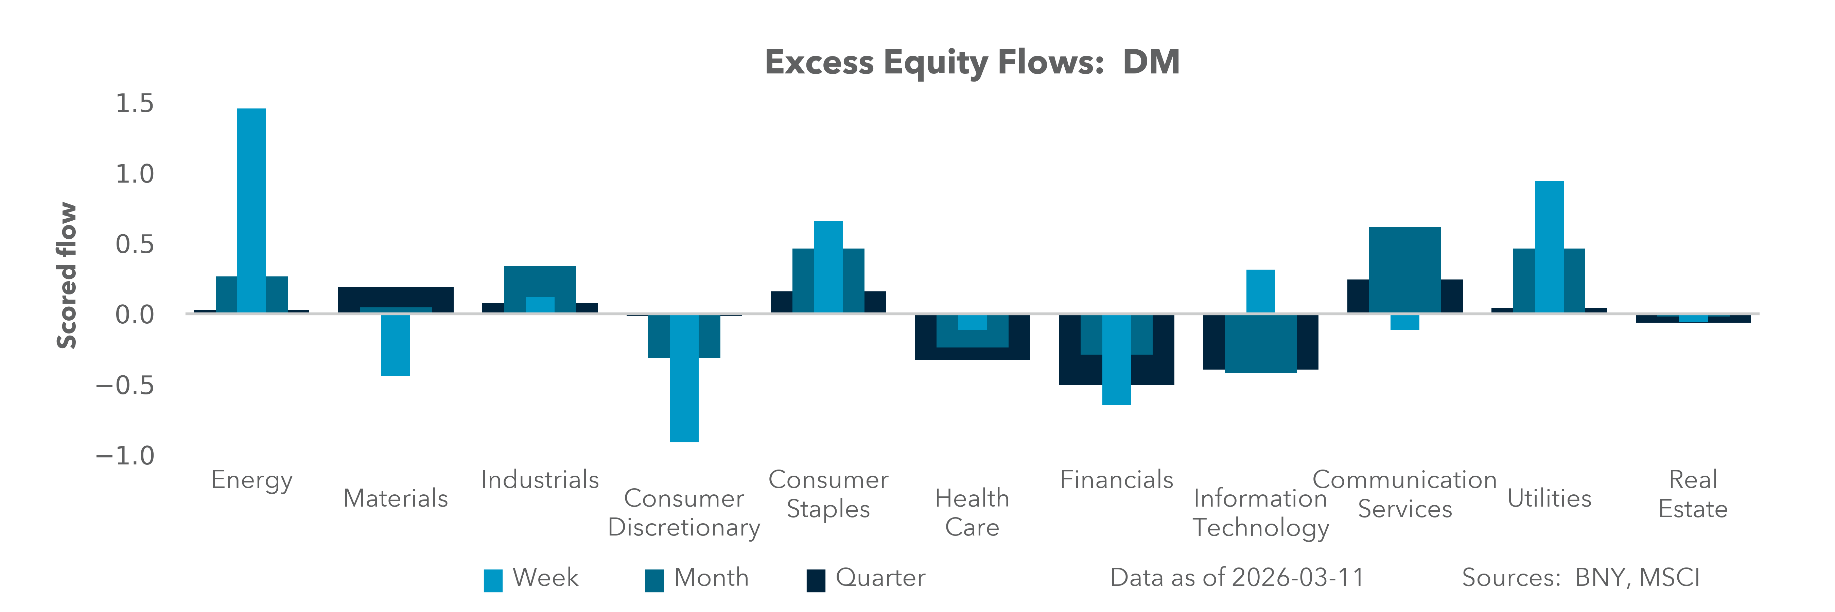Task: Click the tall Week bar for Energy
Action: coord(251,210)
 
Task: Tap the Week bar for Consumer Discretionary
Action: coord(684,378)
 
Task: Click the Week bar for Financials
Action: coord(1116,360)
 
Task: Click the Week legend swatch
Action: coord(493,580)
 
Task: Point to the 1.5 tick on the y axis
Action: coord(135,103)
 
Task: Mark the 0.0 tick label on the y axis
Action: coord(135,314)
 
